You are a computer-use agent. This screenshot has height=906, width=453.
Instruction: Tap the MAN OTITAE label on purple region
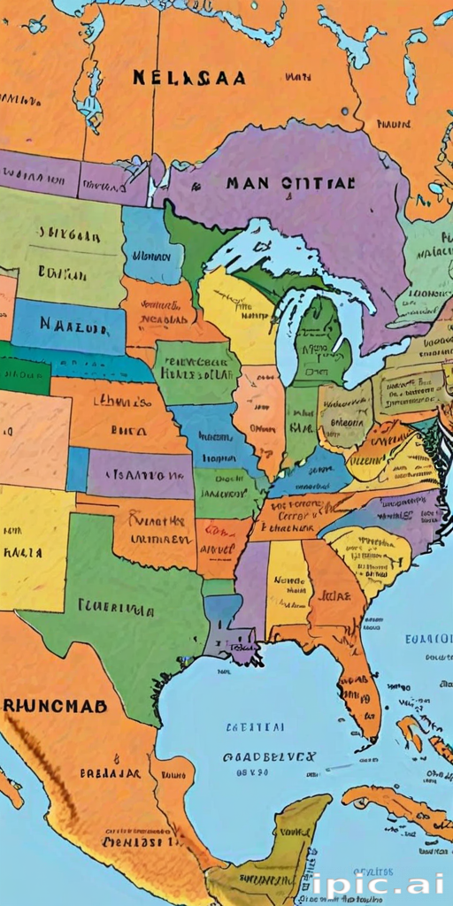(x=289, y=184)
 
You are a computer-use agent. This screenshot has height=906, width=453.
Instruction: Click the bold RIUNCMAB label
(x=55, y=705)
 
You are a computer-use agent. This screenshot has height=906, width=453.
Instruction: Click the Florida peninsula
(x=358, y=681)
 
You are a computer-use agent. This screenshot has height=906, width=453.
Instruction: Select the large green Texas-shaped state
(x=124, y=610)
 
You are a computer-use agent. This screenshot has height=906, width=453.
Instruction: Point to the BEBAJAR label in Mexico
(x=110, y=773)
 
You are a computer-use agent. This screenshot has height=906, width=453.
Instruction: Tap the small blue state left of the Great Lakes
(x=151, y=245)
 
